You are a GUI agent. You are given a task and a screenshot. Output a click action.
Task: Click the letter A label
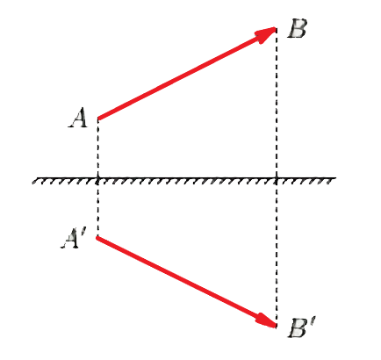click(x=78, y=118)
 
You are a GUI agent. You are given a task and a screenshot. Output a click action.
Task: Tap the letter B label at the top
click(x=297, y=28)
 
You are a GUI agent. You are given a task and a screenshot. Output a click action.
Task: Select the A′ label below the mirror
click(x=71, y=238)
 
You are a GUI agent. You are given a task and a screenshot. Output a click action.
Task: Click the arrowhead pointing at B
click(x=266, y=33)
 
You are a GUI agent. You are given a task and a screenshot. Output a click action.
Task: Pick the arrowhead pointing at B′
click(x=266, y=320)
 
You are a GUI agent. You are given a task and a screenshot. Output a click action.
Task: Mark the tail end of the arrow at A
click(x=98, y=119)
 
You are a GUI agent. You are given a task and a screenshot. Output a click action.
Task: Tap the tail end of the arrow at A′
click(x=98, y=238)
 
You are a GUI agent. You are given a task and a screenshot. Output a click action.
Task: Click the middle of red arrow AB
click(x=187, y=73)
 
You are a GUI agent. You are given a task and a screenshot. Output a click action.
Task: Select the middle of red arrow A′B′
click(x=187, y=282)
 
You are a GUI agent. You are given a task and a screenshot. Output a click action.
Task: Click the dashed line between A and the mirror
click(x=98, y=148)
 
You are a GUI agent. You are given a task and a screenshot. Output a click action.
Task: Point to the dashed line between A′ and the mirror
click(x=98, y=208)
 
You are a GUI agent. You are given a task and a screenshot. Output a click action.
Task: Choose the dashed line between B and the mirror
click(x=277, y=103)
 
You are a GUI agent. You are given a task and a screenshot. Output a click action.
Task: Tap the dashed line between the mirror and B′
click(x=277, y=252)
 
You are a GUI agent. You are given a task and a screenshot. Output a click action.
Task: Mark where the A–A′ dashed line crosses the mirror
click(x=98, y=178)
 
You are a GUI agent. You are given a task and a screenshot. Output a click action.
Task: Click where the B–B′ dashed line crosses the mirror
click(x=277, y=178)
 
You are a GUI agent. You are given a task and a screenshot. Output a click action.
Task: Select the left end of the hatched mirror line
click(x=33, y=178)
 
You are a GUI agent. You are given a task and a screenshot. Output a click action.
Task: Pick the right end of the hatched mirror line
click(x=335, y=178)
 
